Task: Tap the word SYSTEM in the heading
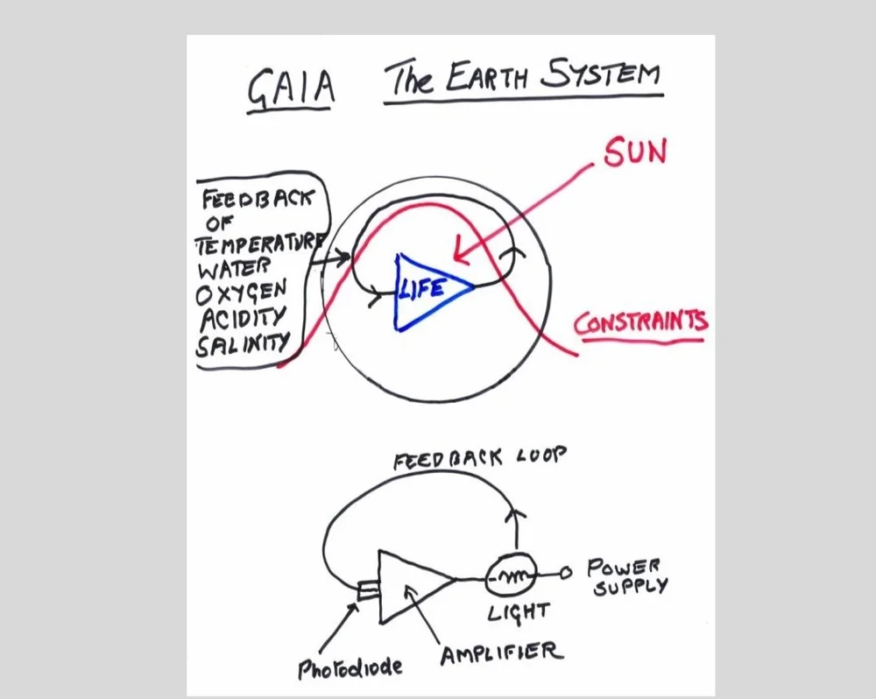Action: pyautogui.click(x=600, y=74)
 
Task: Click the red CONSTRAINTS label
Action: pyautogui.click(x=640, y=323)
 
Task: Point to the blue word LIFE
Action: pyautogui.click(x=423, y=288)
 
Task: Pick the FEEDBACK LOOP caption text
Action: pyautogui.click(x=480, y=459)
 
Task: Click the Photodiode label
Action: pyautogui.click(x=350, y=668)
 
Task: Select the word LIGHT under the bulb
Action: pyautogui.click(x=519, y=612)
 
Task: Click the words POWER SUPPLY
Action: pyautogui.click(x=625, y=575)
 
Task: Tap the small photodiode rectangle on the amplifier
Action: pyautogui.click(x=368, y=593)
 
